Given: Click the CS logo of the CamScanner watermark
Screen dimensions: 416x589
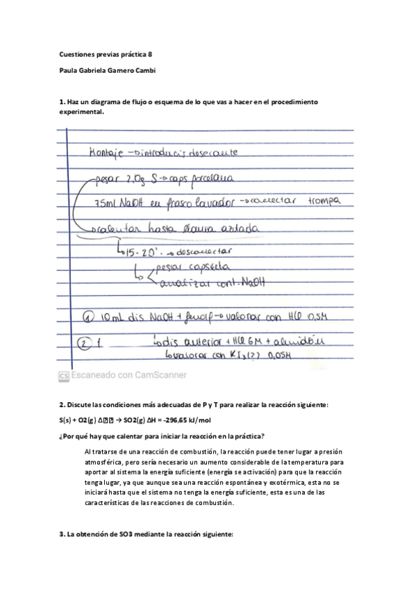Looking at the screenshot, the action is [63, 375].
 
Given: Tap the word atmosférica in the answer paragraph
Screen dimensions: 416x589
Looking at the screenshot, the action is [114, 462].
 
